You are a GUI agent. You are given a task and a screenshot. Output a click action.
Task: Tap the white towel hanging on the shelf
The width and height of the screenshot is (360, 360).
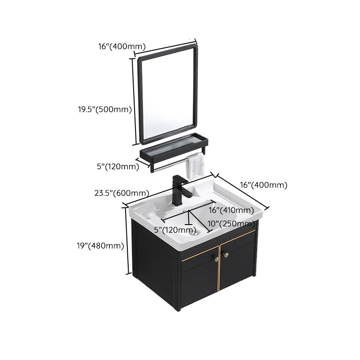(x=195, y=165)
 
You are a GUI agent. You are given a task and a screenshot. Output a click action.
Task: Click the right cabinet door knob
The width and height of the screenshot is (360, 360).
(x=226, y=255)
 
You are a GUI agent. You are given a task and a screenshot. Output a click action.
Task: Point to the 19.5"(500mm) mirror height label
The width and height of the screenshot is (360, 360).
(x=104, y=109)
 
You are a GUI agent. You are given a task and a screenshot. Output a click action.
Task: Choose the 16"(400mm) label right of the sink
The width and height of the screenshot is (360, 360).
(x=263, y=185)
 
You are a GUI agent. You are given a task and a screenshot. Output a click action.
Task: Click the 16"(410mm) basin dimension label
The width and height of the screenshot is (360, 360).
(x=231, y=210)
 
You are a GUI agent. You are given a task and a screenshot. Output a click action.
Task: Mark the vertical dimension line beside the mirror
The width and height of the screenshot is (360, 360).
(x=134, y=100)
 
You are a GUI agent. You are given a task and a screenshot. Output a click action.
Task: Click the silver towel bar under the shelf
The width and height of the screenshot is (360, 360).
(x=169, y=163)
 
